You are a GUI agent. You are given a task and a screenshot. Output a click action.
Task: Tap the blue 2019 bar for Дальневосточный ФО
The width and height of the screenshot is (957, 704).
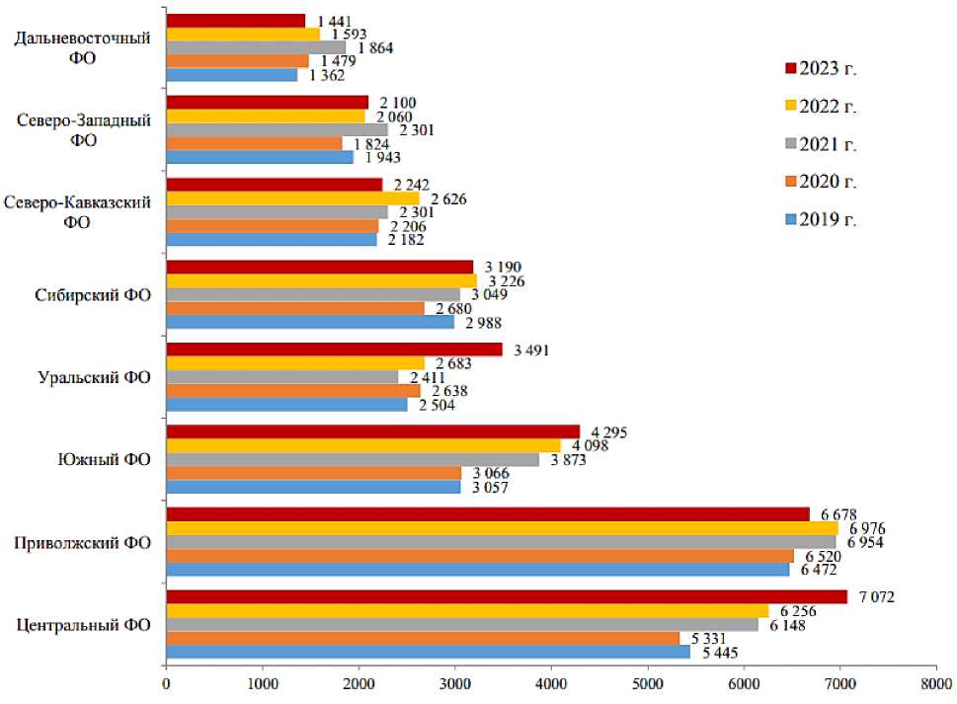pyautogui.click(x=232, y=75)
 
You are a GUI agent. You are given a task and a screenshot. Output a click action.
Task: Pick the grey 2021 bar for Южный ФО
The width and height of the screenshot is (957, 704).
pyautogui.click(x=353, y=459)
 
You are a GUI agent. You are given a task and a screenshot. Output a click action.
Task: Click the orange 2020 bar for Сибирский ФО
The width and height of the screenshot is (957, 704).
pyautogui.click(x=295, y=308)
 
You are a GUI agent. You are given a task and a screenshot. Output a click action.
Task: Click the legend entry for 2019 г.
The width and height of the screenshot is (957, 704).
pyautogui.click(x=820, y=219)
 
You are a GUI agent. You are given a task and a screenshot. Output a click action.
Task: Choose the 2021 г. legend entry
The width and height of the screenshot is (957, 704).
pyautogui.click(x=820, y=143)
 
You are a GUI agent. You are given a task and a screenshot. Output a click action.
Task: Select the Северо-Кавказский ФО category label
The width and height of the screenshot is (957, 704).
pyautogui.click(x=77, y=211)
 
